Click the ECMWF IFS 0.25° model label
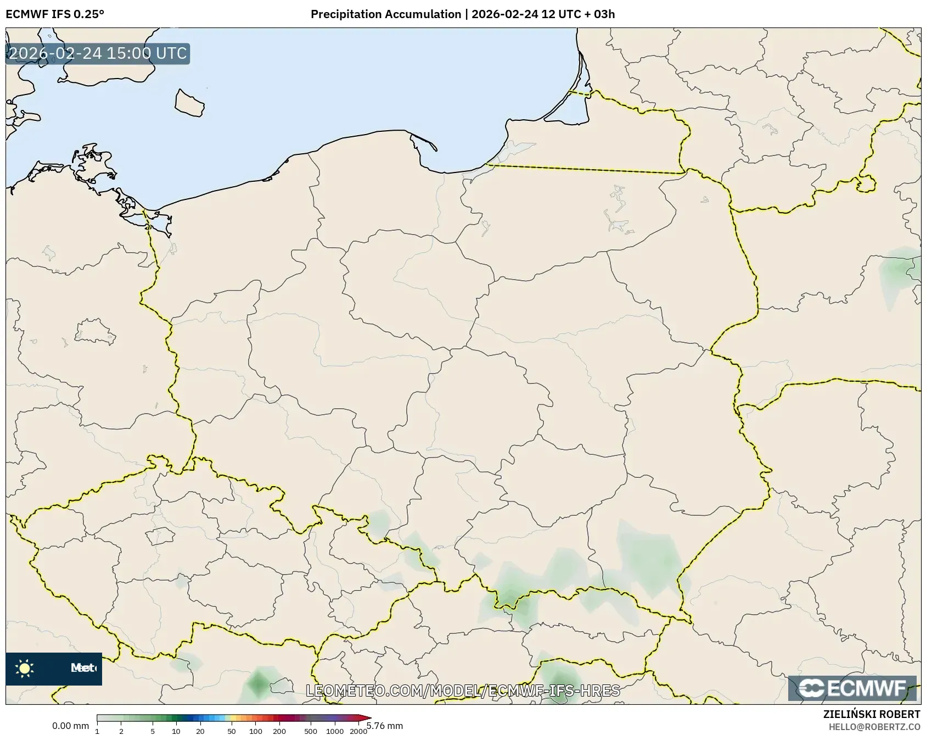[x=54, y=14]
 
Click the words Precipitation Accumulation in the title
[x=385, y=14]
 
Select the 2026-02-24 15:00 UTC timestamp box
[x=98, y=53]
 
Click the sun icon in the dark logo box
[x=25, y=669]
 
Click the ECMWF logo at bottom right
[x=852, y=688]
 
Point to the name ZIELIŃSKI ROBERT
[x=871, y=714]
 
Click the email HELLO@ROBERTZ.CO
[x=874, y=727]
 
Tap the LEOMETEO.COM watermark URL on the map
[x=462, y=691]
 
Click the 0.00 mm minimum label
[x=70, y=726]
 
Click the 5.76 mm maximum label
[x=385, y=726]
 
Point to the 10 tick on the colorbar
[x=176, y=731]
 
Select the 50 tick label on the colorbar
[x=232, y=731]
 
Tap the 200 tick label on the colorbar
[x=279, y=731]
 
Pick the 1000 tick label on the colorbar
[x=335, y=731]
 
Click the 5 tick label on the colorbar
[x=153, y=731]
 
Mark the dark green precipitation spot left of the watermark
[x=257, y=684]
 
